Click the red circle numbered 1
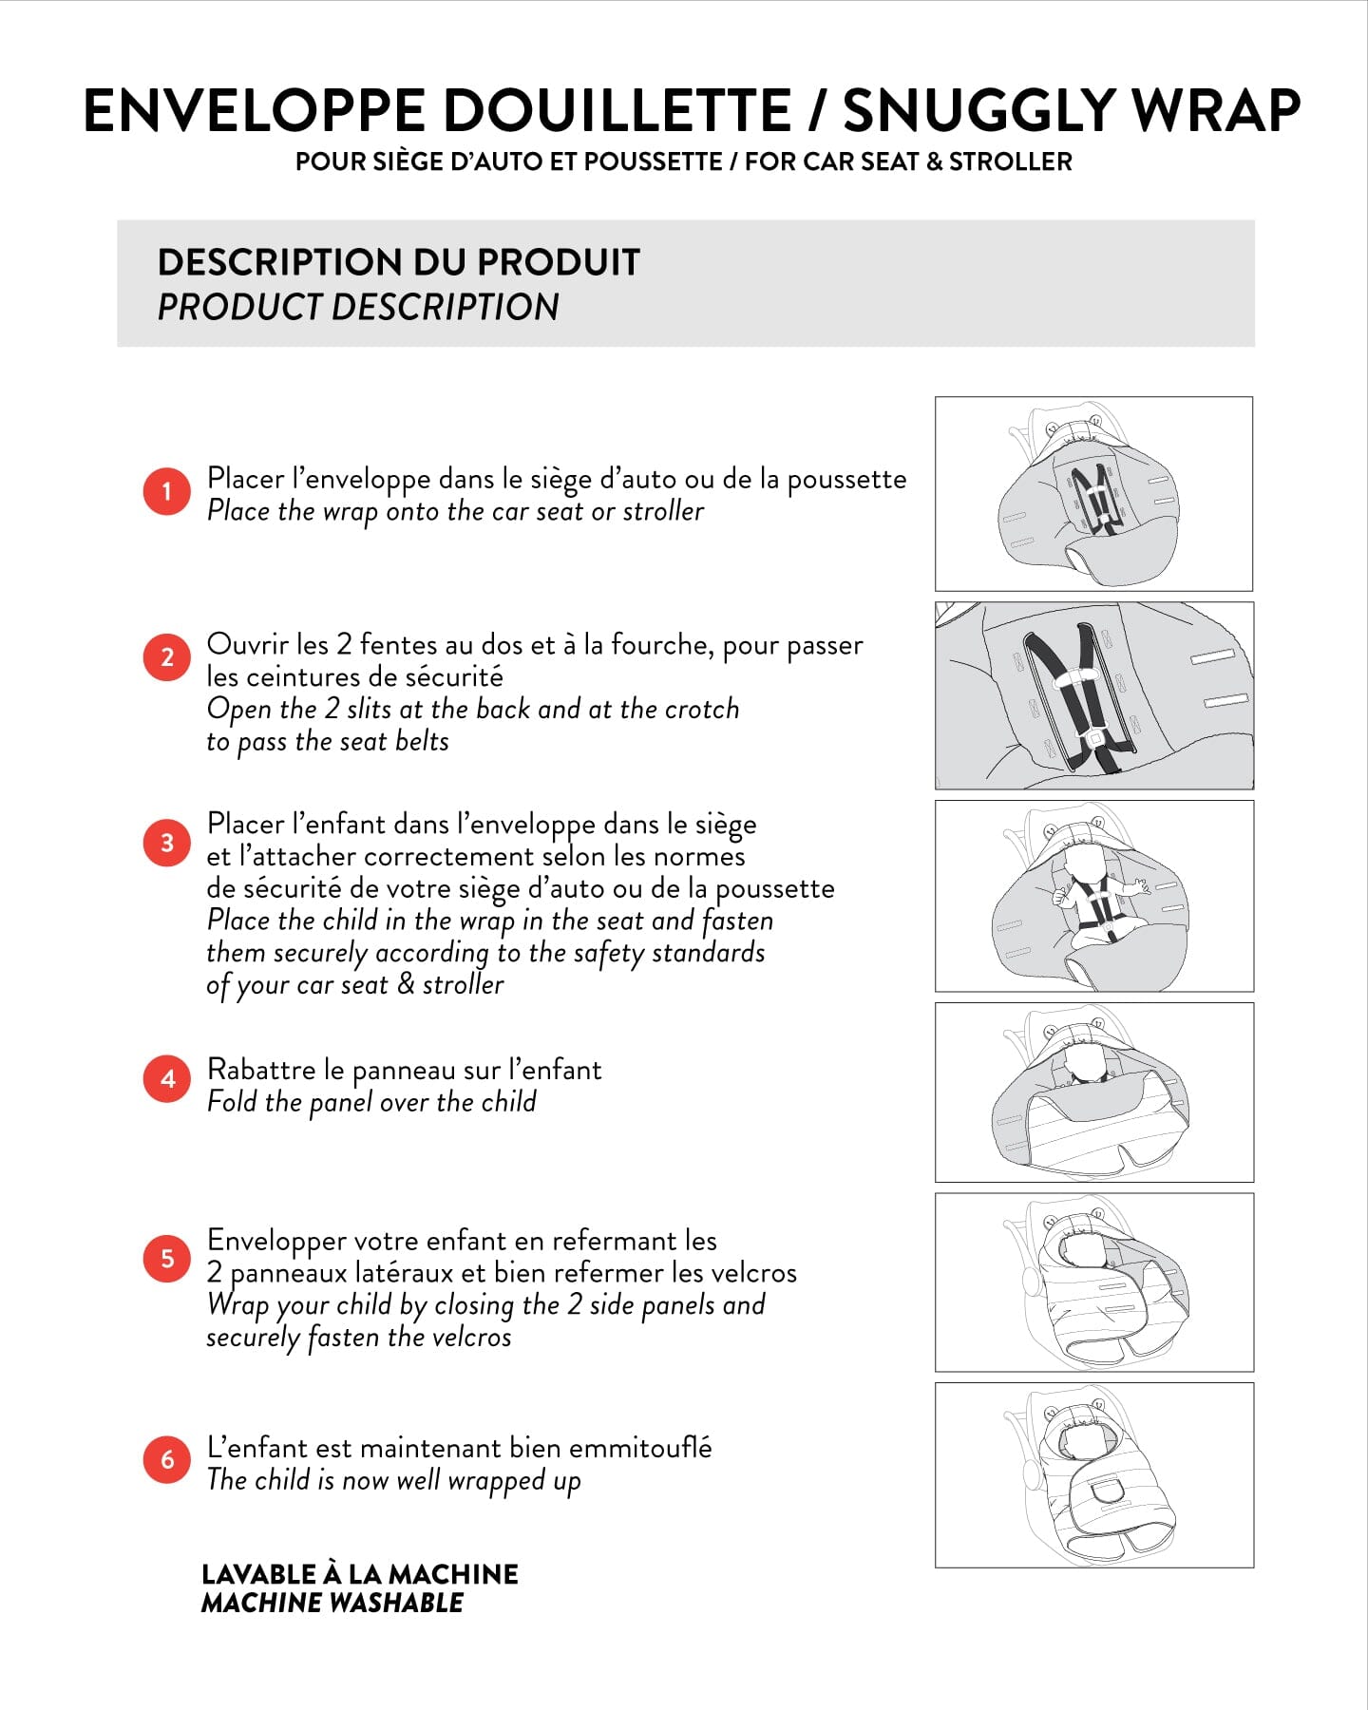click(167, 491)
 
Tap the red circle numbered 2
click(167, 657)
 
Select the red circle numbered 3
click(167, 843)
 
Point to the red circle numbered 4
click(167, 1078)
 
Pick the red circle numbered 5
click(167, 1259)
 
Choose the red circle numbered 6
click(167, 1459)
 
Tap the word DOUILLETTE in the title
click(617, 110)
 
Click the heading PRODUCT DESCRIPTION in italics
click(358, 307)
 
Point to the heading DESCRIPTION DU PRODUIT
click(399, 262)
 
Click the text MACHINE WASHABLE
click(332, 1603)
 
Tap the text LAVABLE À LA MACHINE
click(360, 1574)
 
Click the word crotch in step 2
click(701, 710)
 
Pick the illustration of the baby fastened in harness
click(1093, 896)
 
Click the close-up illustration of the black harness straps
click(1093, 695)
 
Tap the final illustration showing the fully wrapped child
click(1093, 1474)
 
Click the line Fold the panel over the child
click(371, 1102)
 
